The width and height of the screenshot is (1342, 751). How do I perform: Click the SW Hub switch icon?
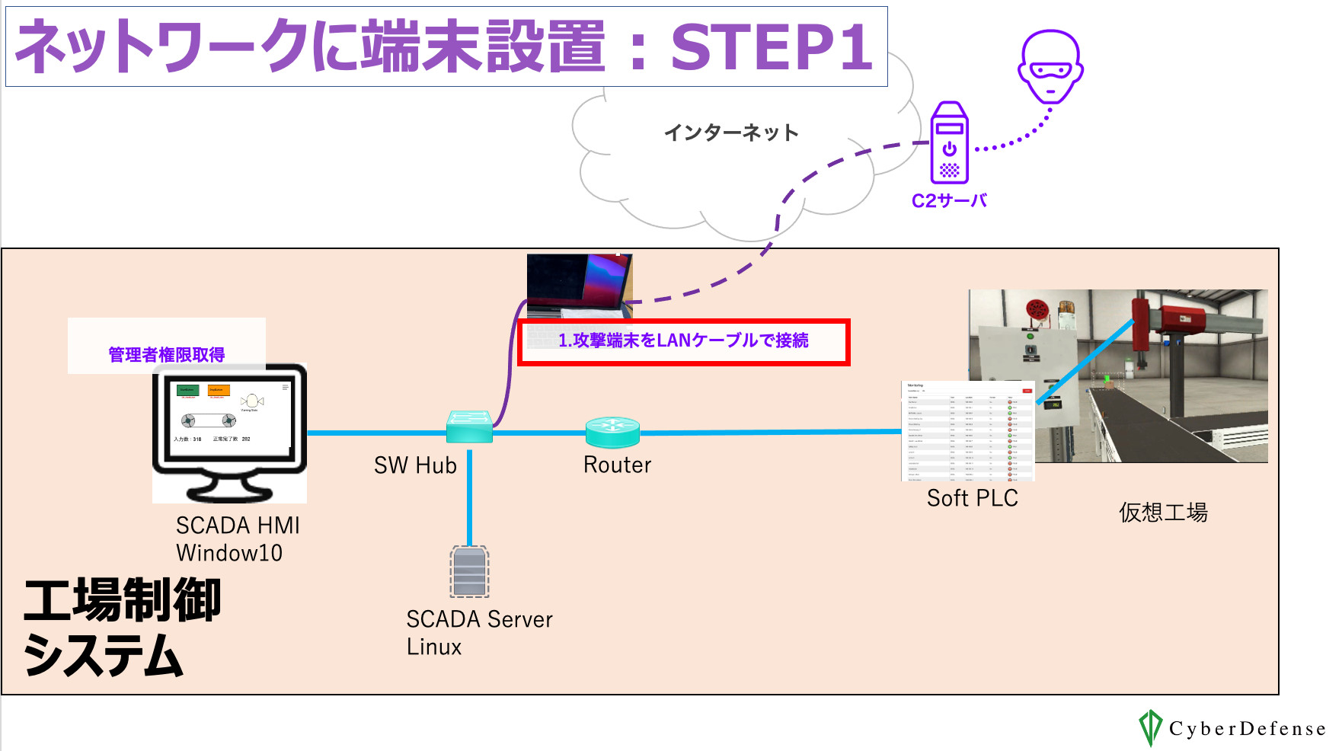pos(469,427)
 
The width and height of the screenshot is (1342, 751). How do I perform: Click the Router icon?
pos(612,432)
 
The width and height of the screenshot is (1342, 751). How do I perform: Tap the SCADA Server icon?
pos(469,571)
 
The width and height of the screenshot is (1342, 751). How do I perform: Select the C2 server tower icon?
pos(949,143)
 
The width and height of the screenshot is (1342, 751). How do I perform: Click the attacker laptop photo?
pos(580,286)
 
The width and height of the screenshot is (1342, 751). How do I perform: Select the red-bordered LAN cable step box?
pos(683,342)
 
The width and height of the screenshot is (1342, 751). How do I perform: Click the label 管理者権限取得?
pos(167,355)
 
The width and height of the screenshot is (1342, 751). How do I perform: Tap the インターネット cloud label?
pos(731,133)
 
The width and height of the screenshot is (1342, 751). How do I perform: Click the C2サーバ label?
pos(949,201)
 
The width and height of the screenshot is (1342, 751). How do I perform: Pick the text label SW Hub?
pos(415,465)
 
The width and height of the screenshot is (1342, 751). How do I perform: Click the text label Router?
pos(617,465)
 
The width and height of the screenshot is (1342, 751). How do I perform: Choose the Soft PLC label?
pos(972,498)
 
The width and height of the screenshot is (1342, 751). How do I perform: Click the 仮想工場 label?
pos(1163,513)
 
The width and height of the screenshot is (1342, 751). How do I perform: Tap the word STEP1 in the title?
pos(771,47)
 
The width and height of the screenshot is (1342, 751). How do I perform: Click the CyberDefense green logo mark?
pos(1149,727)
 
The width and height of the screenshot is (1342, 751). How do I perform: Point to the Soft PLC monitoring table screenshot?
pos(968,430)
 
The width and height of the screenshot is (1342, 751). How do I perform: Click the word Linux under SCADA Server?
pos(434,647)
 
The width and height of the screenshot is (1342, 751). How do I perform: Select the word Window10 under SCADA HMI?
pos(229,553)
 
